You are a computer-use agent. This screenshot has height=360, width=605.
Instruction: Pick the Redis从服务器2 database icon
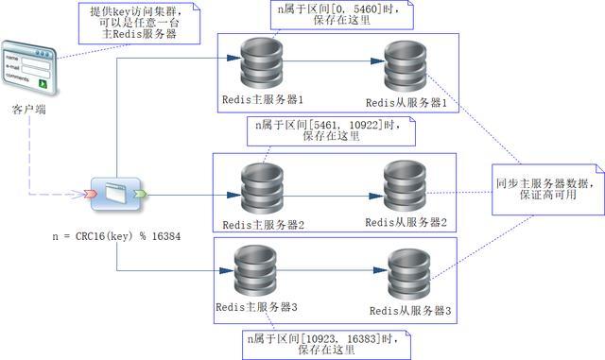point(406,186)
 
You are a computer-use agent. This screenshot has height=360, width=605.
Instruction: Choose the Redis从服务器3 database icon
point(409,273)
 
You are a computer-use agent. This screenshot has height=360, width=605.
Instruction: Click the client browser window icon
point(27,67)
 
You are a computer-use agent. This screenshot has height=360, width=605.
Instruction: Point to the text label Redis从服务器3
point(410,310)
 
